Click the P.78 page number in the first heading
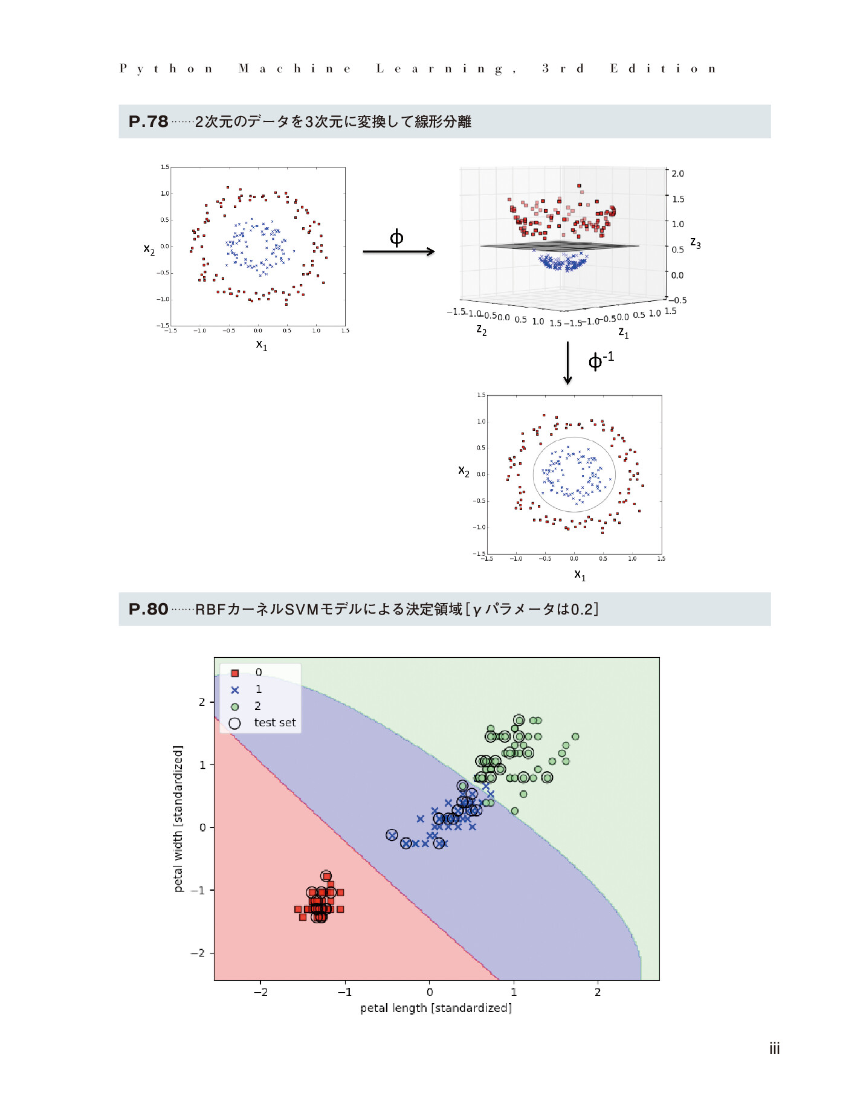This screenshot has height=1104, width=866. tap(148, 121)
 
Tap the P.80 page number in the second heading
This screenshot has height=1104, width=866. tap(148, 609)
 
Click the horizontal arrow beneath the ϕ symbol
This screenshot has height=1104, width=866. tap(399, 251)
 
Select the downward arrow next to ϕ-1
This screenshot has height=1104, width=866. tap(567, 363)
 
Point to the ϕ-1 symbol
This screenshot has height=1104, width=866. tap(601, 360)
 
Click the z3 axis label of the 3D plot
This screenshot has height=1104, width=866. tap(696, 243)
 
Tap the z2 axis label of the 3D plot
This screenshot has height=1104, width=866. tap(481, 329)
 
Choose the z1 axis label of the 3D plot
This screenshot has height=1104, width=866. tap(624, 332)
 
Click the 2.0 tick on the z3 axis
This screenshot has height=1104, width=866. tap(677, 174)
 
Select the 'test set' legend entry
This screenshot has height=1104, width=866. tap(274, 723)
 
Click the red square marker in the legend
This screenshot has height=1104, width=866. tap(235, 673)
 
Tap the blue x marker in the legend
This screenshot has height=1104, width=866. tap(235, 689)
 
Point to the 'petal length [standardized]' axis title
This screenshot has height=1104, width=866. tap(436, 1008)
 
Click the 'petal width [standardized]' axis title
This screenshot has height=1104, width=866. tap(178, 819)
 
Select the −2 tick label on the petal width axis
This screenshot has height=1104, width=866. tap(198, 953)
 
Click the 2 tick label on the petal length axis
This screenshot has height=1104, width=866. tap(598, 992)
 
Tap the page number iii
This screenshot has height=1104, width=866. tap(774, 1048)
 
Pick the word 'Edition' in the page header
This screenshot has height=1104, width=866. tap(662, 68)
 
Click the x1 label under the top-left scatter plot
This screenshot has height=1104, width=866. tap(261, 345)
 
